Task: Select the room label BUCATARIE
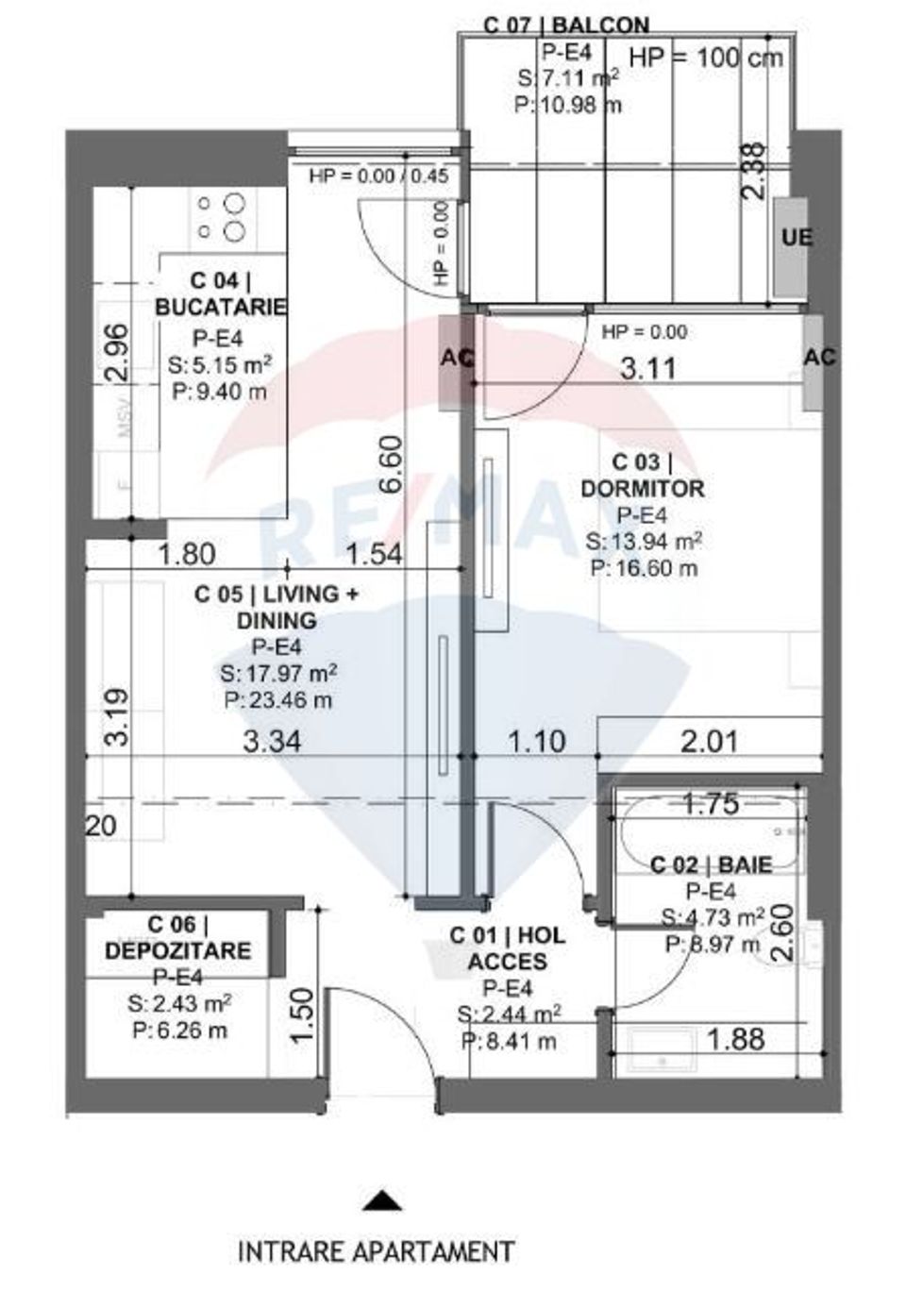click(221, 307)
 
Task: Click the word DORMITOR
click(642, 489)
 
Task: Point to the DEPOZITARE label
click(177, 949)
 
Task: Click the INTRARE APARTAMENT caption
click(376, 1251)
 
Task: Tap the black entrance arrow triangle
click(383, 1200)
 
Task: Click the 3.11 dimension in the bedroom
click(647, 368)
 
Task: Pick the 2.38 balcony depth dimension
click(753, 171)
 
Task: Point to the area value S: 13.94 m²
click(643, 542)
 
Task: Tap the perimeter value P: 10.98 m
click(567, 105)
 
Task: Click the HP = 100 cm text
click(705, 57)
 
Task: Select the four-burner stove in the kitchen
click(222, 217)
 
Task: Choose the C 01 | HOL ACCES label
click(507, 948)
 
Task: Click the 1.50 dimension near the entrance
click(301, 1016)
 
